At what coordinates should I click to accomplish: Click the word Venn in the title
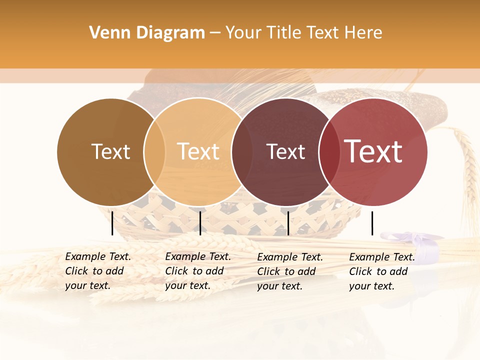pos(105,33)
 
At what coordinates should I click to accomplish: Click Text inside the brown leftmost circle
pos(110,151)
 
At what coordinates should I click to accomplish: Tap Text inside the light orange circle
pos(198,151)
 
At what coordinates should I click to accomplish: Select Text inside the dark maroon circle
pos(285,151)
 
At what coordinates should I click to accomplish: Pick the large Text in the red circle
pos(373,151)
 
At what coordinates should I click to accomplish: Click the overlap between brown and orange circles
pos(154,151)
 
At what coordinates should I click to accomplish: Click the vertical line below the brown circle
pos(112,223)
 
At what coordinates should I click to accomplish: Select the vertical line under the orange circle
pos(200,223)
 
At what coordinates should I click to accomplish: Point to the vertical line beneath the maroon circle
pos(288,223)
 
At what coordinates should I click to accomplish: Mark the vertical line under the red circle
pos(372,223)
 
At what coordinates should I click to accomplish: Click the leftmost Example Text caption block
pos(97,271)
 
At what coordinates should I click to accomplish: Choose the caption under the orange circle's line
pos(197,271)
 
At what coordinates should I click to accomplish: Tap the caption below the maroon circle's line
pos(289,271)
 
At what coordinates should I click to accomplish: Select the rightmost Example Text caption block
pos(381,271)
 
